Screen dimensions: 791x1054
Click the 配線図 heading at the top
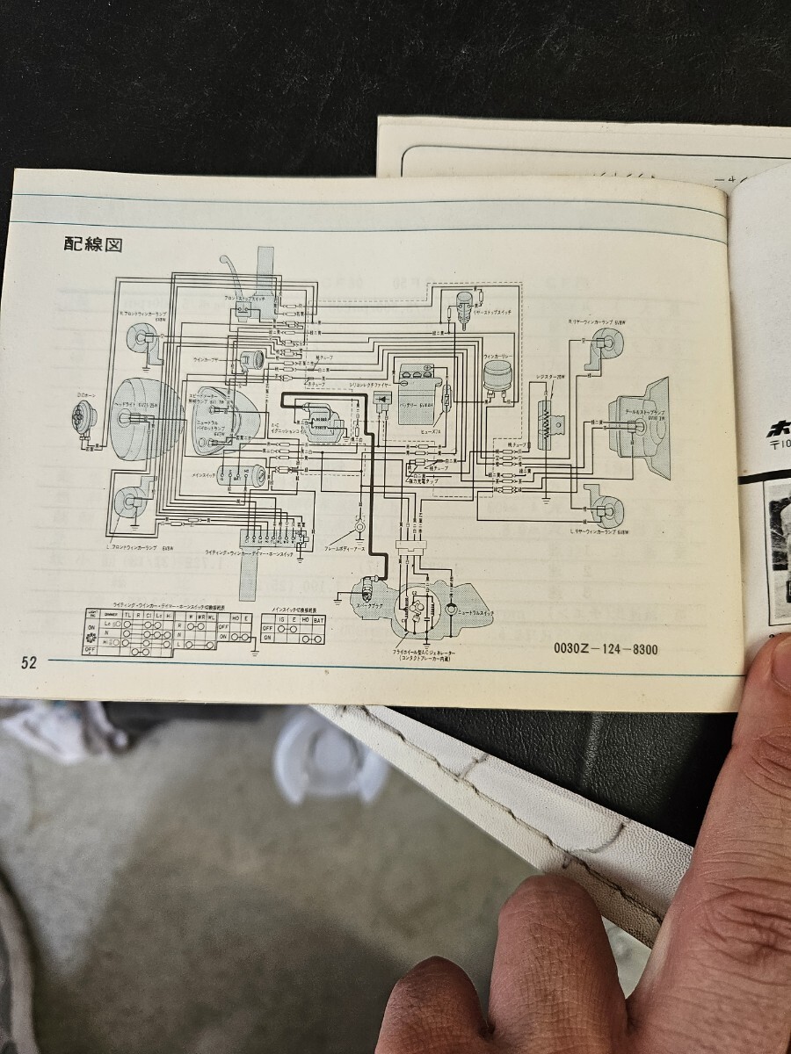[x=91, y=243]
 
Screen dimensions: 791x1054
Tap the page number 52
[x=29, y=663]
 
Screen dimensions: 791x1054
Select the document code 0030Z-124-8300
[x=606, y=650]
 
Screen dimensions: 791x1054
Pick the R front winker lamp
[x=138, y=339]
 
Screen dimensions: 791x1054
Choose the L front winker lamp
[x=128, y=502]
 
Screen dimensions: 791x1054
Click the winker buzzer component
[x=252, y=361]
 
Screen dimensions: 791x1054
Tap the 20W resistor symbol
[x=547, y=425]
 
